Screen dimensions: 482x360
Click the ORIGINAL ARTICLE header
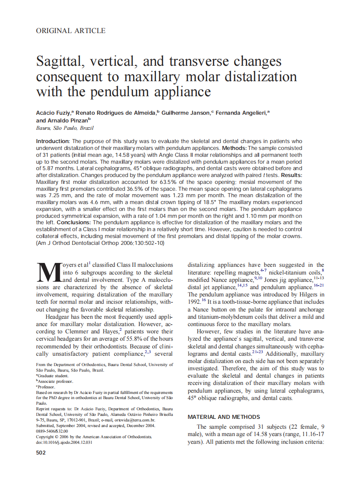[x=71, y=31]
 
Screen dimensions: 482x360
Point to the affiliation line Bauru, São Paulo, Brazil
[x=65, y=128]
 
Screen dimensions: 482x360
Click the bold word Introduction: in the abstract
[x=53, y=141]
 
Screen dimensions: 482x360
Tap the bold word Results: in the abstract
[x=288, y=175]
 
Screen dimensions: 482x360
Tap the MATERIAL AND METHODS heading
[x=224, y=417]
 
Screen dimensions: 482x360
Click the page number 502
[x=41, y=453]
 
